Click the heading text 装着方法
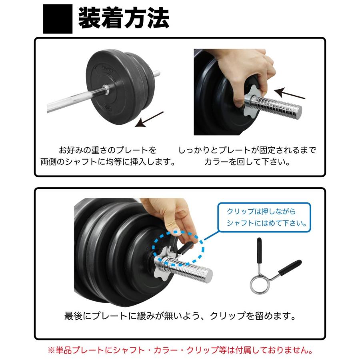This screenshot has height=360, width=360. tap(124, 18)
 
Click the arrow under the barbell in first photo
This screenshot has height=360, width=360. tap(149, 119)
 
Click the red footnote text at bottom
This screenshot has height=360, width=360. tap(180, 350)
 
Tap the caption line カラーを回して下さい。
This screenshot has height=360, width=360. tap(247, 162)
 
